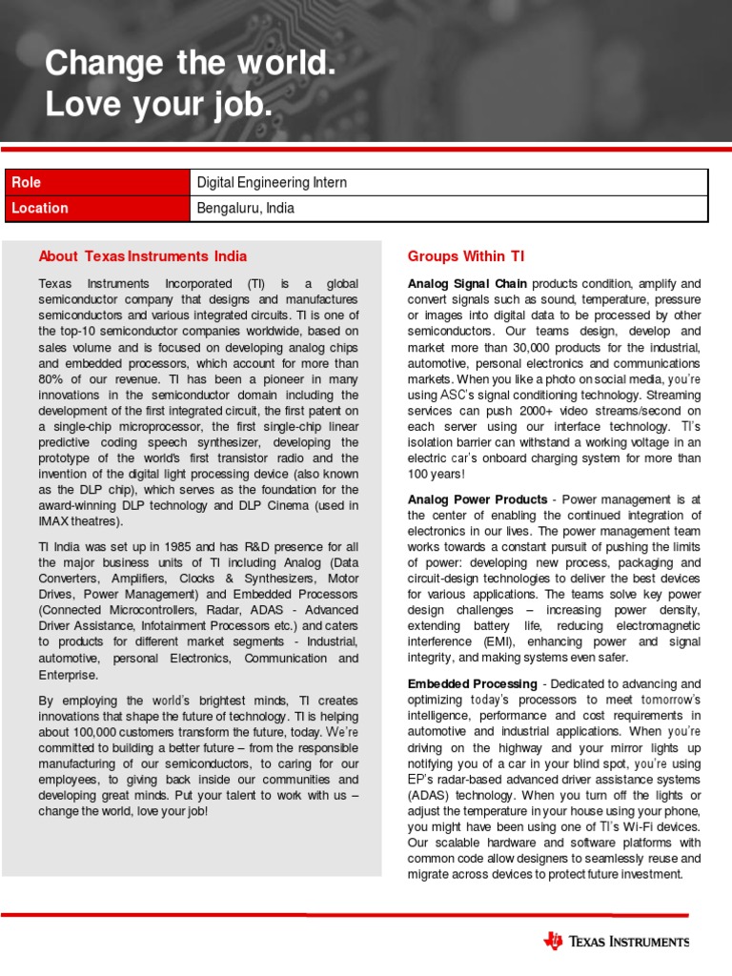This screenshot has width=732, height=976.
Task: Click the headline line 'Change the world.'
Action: pos(191,65)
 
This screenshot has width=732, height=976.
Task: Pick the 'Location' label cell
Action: pos(38,208)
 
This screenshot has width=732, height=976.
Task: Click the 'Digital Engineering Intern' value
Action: pos(272,182)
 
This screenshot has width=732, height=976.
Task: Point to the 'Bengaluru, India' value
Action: pos(245,208)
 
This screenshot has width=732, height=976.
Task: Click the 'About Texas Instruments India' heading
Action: pos(142,255)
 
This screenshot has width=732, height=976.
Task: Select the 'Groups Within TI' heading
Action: pos(465,255)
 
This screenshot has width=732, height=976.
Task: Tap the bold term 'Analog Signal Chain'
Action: pos(467,284)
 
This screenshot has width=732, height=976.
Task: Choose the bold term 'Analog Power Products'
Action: pos(478,499)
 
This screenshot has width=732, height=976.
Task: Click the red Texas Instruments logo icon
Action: pos(554,942)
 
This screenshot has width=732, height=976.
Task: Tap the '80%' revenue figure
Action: pos(51,379)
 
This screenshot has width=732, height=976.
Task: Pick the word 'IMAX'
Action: pos(55,521)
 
